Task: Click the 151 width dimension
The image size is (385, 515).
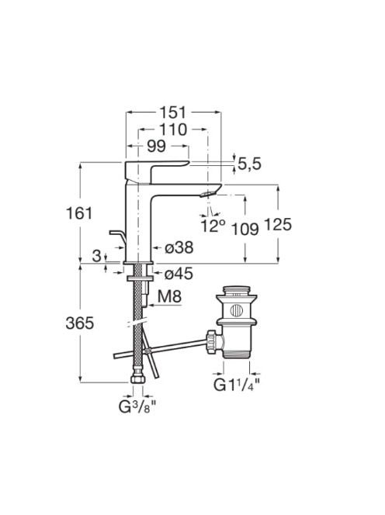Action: (x=173, y=112)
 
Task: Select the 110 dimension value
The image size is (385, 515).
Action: (x=173, y=130)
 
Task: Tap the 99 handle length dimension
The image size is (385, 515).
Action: (x=156, y=147)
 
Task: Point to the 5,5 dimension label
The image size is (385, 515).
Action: (x=249, y=164)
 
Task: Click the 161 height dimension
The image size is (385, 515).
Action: (x=80, y=213)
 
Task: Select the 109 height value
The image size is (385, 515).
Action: (x=245, y=229)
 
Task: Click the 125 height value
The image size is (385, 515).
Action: (x=278, y=225)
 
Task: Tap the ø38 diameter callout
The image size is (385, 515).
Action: (x=179, y=247)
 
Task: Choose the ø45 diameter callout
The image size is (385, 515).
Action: (x=179, y=273)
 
